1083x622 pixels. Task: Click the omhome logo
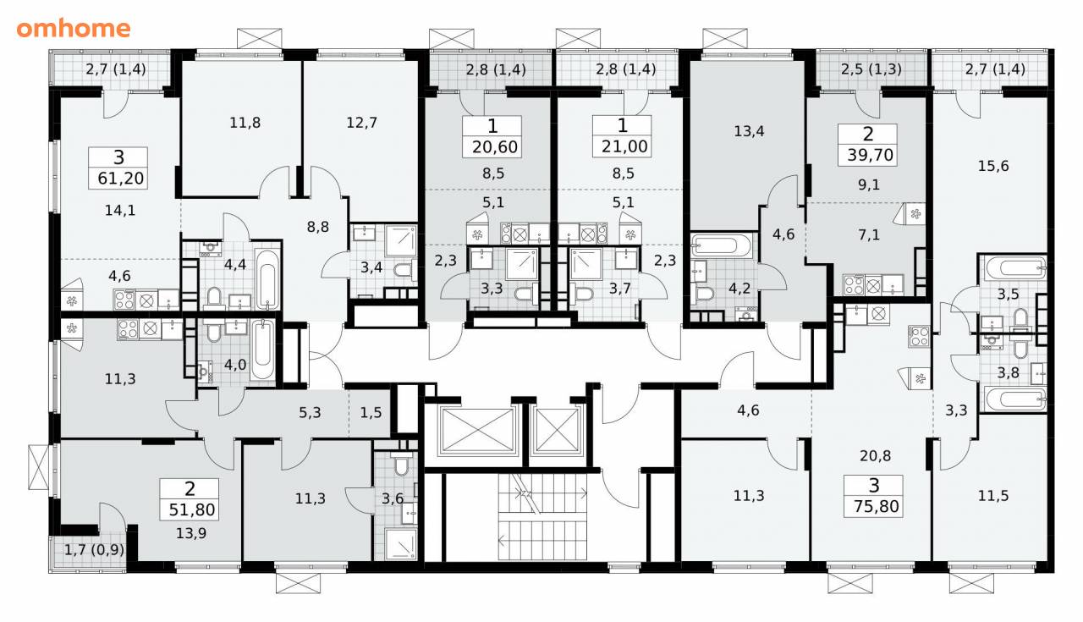pyautogui.click(x=74, y=29)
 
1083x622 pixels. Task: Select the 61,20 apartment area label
pyautogui.click(x=120, y=179)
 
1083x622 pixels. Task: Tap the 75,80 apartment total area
pyautogui.click(x=876, y=506)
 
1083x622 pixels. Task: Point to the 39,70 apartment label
pyautogui.click(x=870, y=155)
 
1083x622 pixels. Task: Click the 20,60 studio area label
pyautogui.click(x=495, y=146)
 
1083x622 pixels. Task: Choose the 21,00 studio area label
pyautogui.click(x=624, y=146)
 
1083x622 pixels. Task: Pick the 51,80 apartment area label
pyautogui.click(x=192, y=509)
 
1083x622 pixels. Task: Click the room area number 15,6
pyautogui.click(x=993, y=167)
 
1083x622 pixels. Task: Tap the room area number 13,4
pyautogui.click(x=749, y=131)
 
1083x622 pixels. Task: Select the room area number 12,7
pyautogui.click(x=361, y=123)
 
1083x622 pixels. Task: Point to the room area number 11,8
pyautogui.click(x=245, y=123)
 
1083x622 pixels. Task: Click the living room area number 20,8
pyautogui.click(x=875, y=455)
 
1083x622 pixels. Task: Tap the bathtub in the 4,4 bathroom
pyautogui.click(x=267, y=279)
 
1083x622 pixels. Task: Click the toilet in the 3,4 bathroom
pyautogui.click(x=405, y=268)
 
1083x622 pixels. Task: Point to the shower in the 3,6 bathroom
pyautogui.click(x=401, y=545)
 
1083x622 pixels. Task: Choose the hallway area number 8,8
pyautogui.click(x=317, y=227)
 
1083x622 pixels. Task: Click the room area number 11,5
pyautogui.click(x=993, y=496)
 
